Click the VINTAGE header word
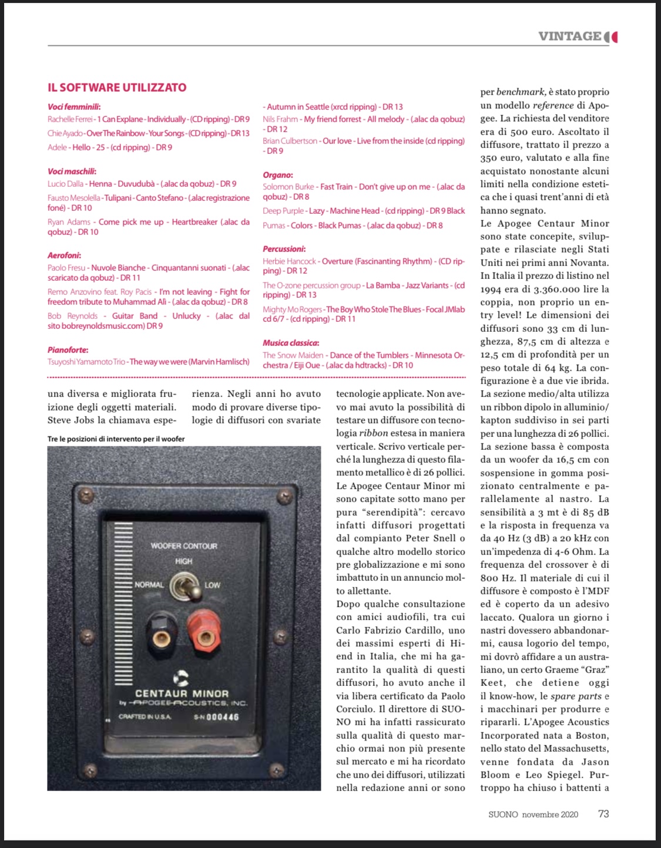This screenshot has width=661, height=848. pyautogui.click(x=569, y=36)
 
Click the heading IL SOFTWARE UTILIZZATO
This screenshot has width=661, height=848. pyautogui.click(x=117, y=88)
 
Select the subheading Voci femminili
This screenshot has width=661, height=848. pyautogui.click(x=73, y=107)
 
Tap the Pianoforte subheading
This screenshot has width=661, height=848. pyautogui.click(x=68, y=350)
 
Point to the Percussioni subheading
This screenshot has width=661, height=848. pyautogui.click(x=284, y=249)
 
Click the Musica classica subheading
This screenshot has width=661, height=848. pyautogui.click(x=291, y=343)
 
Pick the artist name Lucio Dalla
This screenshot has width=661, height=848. pyautogui.click(x=65, y=184)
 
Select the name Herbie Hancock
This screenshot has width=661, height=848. pyautogui.click(x=289, y=261)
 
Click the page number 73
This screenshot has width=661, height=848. pyautogui.click(x=603, y=814)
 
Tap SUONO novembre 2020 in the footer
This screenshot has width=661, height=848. pyautogui.click(x=533, y=815)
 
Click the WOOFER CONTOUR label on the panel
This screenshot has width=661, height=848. pyautogui.click(x=184, y=546)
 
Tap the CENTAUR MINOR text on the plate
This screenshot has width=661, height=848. pyautogui.click(x=182, y=694)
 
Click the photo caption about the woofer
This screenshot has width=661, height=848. pyautogui.click(x=116, y=439)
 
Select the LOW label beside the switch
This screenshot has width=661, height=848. pyautogui.click(x=212, y=585)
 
